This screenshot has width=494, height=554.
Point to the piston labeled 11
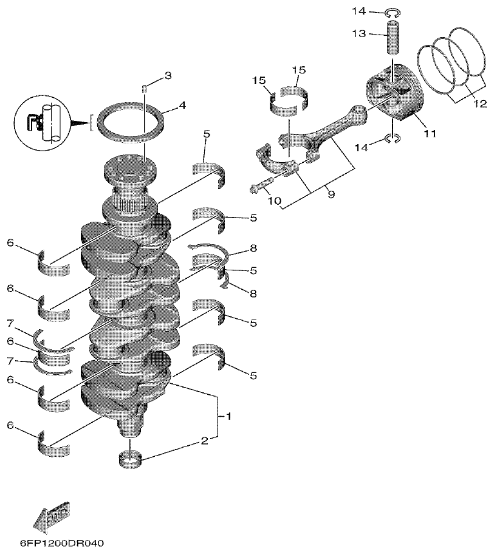click(395, 98)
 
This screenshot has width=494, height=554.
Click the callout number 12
click(479, 104)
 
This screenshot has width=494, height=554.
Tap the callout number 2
click(204, 441)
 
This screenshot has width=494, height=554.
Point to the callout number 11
click(430, 134)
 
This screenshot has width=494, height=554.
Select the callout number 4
click(182, 105)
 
